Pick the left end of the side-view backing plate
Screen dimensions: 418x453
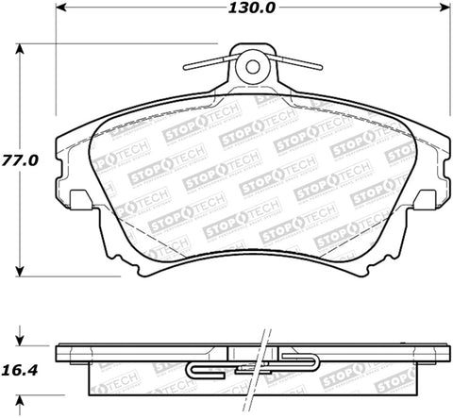click(x=59, y=353)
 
